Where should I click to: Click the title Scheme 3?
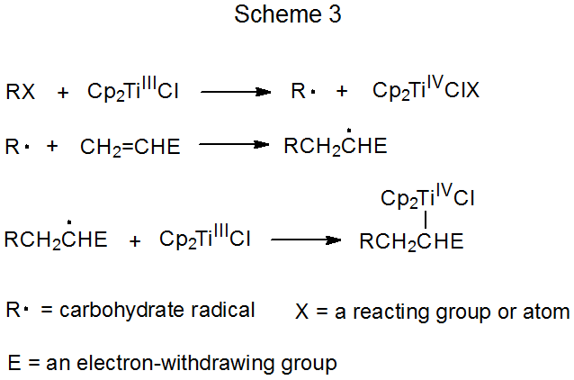pos(287,15)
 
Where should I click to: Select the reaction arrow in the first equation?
pos(236,92)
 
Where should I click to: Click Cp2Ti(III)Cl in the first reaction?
pos(133,90)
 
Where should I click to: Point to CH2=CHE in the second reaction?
pos(130,147)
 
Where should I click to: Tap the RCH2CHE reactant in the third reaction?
pos(56,240)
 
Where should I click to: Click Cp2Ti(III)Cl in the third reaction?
pos(205,239)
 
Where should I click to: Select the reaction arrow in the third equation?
pos(306,240)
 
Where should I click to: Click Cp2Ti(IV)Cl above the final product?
pos(427,196)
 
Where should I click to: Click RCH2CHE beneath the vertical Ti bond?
pos(411,241)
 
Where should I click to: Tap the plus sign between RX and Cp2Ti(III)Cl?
pos(62,92)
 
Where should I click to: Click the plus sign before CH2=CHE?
pos(52,147)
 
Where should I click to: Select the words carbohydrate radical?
pos(172,311)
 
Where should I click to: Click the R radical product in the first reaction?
pos(300,91)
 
